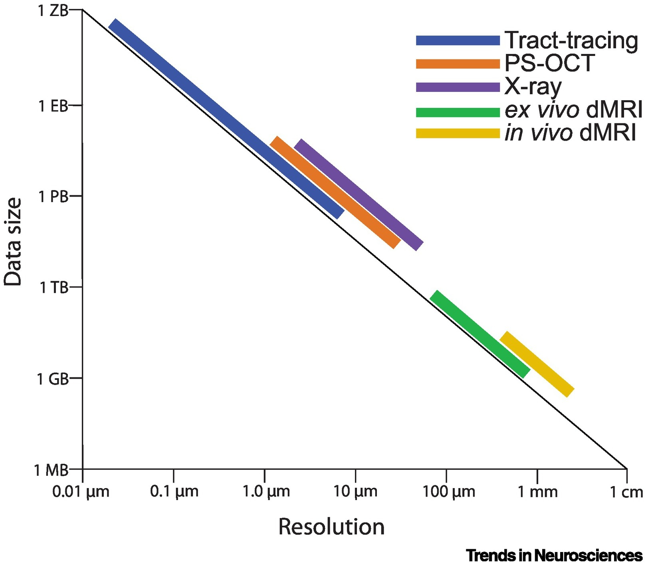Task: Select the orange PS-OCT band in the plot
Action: tap(335, 193)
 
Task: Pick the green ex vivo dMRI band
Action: tap(480, 334)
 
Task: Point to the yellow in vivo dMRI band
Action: tap(537, 364)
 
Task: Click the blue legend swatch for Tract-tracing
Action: tap(458, 40)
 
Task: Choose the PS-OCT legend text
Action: tap(549, 63)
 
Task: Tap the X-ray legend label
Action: tap(533, 86)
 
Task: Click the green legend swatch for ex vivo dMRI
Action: tap(458, 112)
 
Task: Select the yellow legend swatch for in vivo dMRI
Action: tap(458, 133)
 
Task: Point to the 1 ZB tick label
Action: tap(53, 11)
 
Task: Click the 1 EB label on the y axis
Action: tap(54, 106)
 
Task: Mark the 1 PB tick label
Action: tap(54, 197)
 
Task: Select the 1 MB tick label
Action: tap(51, 470)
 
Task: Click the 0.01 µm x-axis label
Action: tap(81, 492)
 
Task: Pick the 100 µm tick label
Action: tap(449, 492)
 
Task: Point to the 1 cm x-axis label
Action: tap(626, 492)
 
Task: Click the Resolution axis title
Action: tap(331, 526)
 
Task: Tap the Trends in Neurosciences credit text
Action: tap(554, 555)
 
